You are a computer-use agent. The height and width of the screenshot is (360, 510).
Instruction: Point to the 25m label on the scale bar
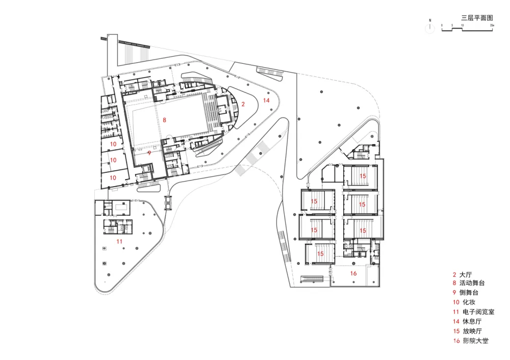[x=492, y=25]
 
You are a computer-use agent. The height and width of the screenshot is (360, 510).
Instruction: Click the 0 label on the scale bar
[x=442, y=25]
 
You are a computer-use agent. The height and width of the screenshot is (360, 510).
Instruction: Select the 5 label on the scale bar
[x=452, y=25]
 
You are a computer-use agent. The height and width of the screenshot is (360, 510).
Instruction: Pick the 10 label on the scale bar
[x=462, y=25]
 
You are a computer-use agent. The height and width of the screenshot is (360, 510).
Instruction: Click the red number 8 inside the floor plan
[x=164, y=120]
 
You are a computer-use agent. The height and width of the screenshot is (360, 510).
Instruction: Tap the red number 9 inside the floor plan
[x=149, y=152]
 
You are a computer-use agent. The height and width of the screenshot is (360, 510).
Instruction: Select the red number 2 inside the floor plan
[x=243, y=104]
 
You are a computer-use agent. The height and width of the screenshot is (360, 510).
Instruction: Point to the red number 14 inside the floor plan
[x=266, y=101]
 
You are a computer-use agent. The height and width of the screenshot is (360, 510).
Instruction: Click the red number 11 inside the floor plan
[x=119, y=241]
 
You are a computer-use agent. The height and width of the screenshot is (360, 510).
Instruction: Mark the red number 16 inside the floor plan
[x=353, y=274]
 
